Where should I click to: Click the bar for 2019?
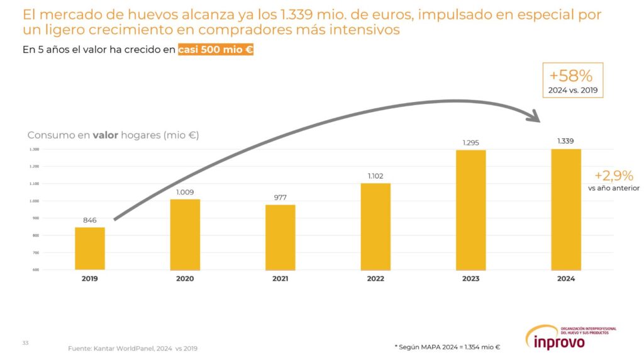90,249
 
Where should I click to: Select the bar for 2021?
280,237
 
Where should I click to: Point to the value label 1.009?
185,193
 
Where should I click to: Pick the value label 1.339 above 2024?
566,141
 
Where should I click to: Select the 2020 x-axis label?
185,279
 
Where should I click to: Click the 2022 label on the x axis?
375,279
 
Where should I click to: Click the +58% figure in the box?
571,76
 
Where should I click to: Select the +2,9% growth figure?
614,176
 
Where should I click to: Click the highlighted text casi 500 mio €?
215,50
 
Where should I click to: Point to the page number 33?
26,342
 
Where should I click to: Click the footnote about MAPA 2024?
447,346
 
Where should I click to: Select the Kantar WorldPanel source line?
136,347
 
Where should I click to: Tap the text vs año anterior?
613,188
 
